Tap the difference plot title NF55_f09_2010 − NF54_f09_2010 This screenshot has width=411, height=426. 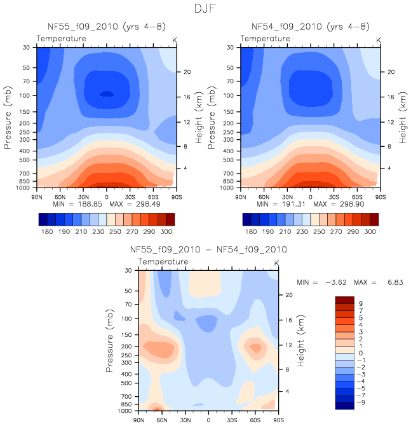click(x=209, y=250)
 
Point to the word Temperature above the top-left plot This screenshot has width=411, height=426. click(x=61, y=39)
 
